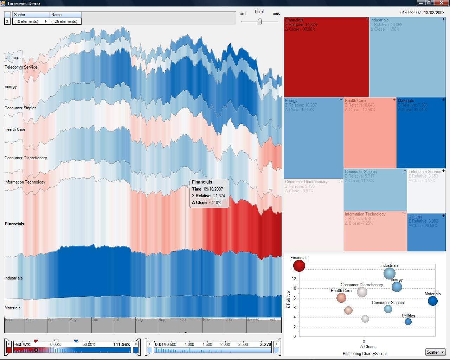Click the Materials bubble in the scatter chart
click(x=432, y=301)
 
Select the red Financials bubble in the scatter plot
click(x=299, y=265)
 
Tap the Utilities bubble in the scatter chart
click(x=408, y=321)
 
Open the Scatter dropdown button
click(x=435, y=352)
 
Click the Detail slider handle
click(x=260, y=21)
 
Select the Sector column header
click(x=31, y=15)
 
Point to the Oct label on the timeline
click(x=184, y=320)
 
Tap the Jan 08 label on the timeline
click(x=253, y=320)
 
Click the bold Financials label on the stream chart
click(x=14, y=224)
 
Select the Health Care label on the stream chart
click(x=15, y=129)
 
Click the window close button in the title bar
click(x=442, y=3)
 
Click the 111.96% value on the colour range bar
click(x=122, y=345)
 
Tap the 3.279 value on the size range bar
click(x=265, y=345)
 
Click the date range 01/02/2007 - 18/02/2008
click(x=422, y=13)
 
